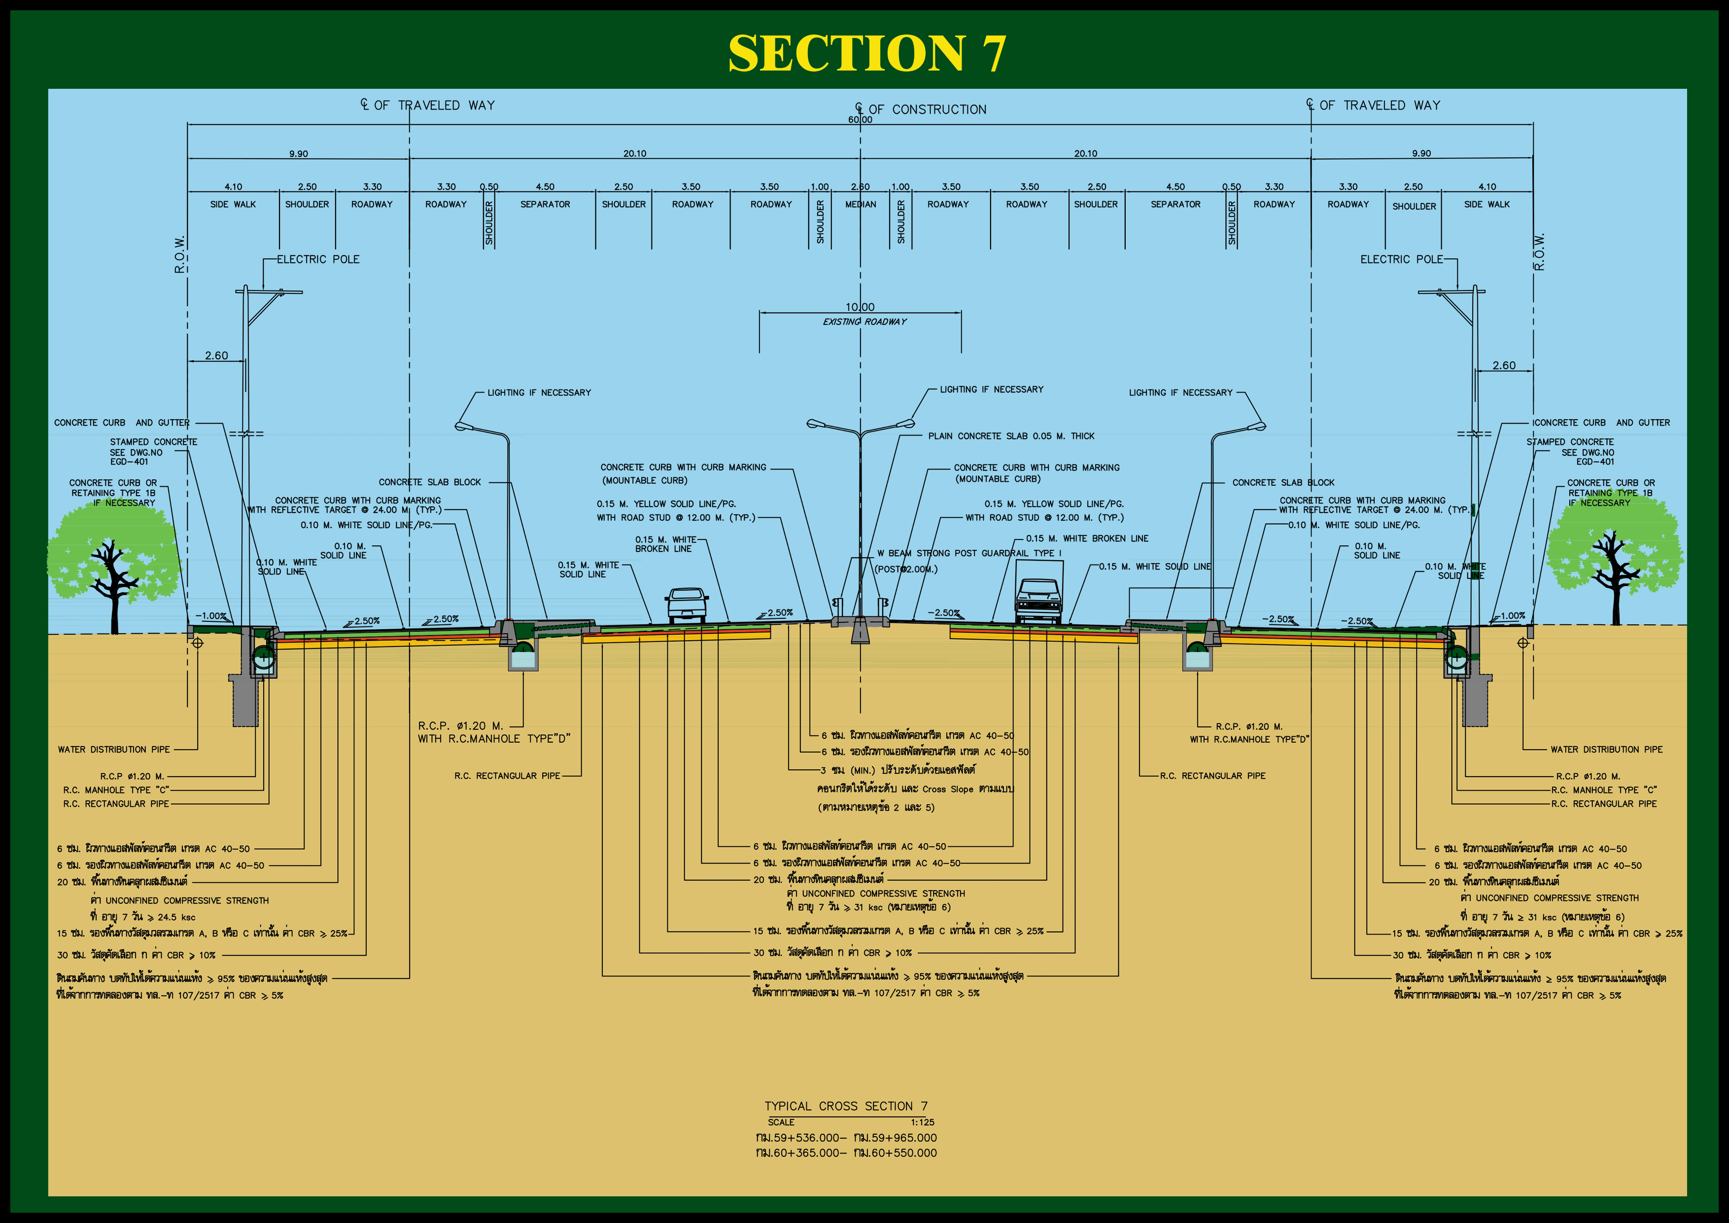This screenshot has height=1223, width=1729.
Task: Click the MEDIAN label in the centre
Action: coord(861,204)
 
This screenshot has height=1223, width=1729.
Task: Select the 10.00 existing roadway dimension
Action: coord(860,307)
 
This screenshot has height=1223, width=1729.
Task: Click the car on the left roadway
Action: coord(686,605)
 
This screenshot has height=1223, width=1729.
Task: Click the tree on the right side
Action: coord(1614,558)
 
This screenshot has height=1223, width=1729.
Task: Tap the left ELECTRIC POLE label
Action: coord(318,259)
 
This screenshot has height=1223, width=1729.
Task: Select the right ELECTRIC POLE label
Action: coord(1401,259)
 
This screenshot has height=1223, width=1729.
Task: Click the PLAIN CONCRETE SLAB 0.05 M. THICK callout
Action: coord(1010,436)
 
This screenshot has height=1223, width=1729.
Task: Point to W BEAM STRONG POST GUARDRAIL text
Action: coord(968,553)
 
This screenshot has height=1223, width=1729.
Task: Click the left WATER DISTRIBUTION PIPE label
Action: coord(114,750)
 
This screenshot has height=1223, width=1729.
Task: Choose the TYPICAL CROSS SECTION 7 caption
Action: coord(846,1106)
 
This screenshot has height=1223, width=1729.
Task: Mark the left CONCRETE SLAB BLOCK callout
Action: coord(429,482)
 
